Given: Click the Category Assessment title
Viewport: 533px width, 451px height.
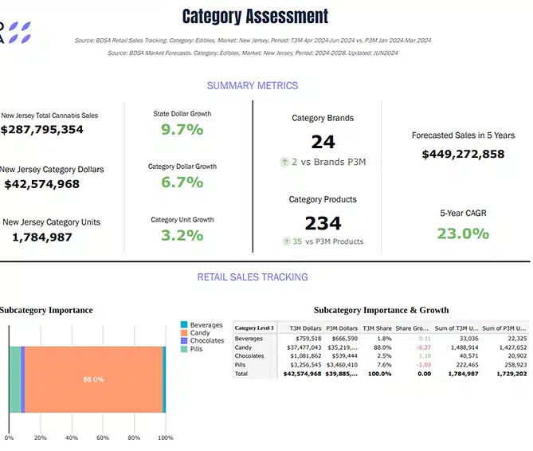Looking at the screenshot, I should (x=255, y=16).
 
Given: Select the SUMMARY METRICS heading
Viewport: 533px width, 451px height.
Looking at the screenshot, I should (x=253, y=85).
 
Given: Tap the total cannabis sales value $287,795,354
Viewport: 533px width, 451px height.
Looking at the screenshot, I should (x=41, y=129).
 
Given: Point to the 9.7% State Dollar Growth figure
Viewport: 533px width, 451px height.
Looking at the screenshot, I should (x=182, y=129).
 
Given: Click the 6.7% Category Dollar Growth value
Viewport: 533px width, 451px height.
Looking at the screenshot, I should (x=182, y=182).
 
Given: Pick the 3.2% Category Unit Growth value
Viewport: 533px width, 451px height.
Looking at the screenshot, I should (x=182, y=235).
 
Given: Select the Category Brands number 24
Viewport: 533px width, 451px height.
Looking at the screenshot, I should (x=323, y=142).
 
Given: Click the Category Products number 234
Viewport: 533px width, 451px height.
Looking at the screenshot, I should (x=323, y=223).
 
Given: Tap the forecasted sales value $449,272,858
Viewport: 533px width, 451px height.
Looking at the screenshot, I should (x=463, y=154).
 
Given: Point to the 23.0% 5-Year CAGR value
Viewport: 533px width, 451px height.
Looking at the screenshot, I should (x=463, y=233).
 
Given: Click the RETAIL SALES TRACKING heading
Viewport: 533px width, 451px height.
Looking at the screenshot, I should (x=253, y=277).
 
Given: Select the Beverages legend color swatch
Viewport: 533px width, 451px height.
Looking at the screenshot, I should (x=184, y=325).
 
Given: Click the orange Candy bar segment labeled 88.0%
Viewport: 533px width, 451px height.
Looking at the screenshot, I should (x=93, y=379).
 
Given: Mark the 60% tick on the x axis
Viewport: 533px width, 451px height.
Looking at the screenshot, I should (x=103, y=437).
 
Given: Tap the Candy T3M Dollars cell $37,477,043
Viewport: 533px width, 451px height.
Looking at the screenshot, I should (x=305, y=347).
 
